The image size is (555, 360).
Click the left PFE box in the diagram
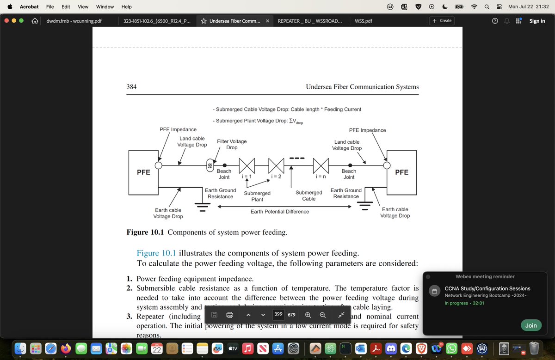(x=143, y=172)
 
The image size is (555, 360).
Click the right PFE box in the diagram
(x=401, y=172)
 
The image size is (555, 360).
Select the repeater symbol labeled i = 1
(x=247, y=165)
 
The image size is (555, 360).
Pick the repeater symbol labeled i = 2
(x=276, y=165)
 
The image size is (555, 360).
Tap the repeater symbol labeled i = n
(x=321, y=165)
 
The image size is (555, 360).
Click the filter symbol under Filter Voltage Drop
(x=210, y=165)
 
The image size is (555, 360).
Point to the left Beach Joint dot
(x=225, y=165)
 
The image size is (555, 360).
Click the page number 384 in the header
(x=131, y=87)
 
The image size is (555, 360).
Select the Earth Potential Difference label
(x=279, y=212)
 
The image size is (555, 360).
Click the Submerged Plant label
(x=257, y=196)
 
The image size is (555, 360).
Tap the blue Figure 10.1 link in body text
(x=156, y=253)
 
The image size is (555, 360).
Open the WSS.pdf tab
(x=364, y=21)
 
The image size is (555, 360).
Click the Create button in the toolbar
(x=442, y=21)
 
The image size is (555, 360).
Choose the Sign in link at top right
(x=537, y=21)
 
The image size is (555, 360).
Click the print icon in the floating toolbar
(x=229, y=315)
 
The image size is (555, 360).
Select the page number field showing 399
(x=278, y=315)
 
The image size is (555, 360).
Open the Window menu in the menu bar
(x=105, y=7)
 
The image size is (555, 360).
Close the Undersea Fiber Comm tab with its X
(x=267, y=21)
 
